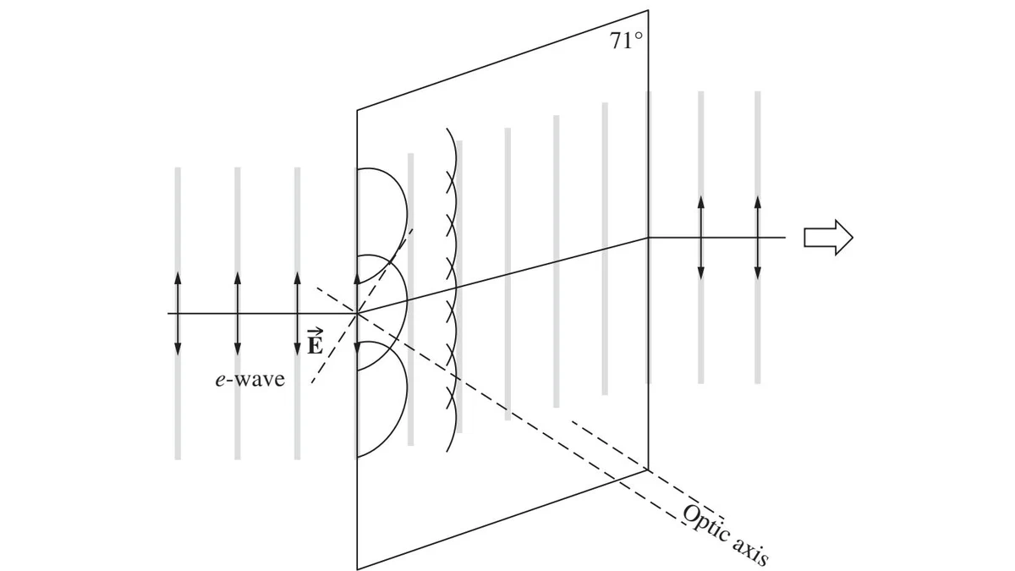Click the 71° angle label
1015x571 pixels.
[x=626, y=41]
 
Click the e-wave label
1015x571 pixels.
[x=250, y=379]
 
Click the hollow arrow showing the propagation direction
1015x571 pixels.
[x=828, y=238]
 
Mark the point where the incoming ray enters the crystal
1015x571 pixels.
[x=357, y=313]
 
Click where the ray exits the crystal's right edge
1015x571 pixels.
[x=648, y=238]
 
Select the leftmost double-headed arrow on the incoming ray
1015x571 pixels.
[x=178, y=314]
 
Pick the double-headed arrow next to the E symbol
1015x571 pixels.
[x=297, y=314]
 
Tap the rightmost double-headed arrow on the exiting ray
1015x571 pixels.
[x=758, y=238]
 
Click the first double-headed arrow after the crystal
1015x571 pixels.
[x=701, y=238]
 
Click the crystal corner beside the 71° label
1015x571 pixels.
[x=648, y=10]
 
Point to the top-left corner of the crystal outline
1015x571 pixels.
[x=357, y=110]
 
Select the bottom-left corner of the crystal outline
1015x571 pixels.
[x=357, y=568]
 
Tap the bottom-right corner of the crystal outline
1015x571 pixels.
[x=648, y=469]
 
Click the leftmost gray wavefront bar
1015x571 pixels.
[x=178, y=314]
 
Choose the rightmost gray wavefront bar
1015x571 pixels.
[x=758, y=238]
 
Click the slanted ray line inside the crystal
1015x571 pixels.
[x=502, y=276]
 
